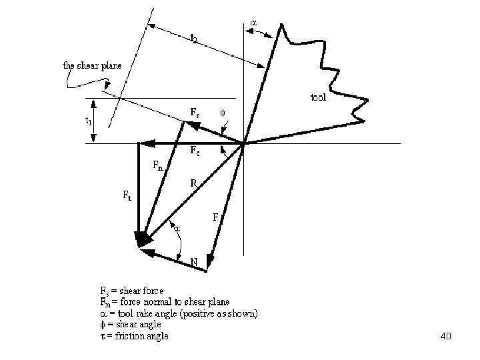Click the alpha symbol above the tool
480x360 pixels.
coord(253,23)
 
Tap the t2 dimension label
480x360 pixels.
coord(193,39)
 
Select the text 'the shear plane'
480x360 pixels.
coord(92,65)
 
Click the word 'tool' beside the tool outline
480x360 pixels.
coord(318,98)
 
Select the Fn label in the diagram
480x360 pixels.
coord(157,165)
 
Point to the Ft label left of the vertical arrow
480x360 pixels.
coord(126,195)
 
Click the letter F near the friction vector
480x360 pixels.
coord(215,217)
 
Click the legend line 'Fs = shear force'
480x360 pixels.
coord(131,291)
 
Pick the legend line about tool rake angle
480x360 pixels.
coord(179,313)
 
